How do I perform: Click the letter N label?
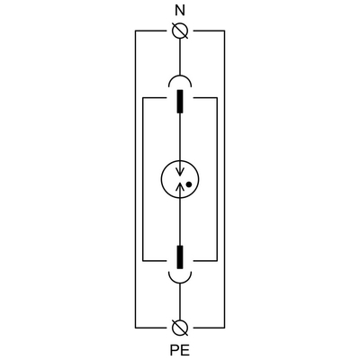click(x=180, y=11)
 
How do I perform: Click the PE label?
click(x=180, y=350)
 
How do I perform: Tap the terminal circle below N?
click(x=180, y=31)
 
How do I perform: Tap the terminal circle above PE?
click(x=180, y=328)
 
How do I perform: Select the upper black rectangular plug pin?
click(x=180, y=102)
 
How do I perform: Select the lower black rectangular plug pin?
click(x=180, y=256)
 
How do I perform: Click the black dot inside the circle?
click(x=189, y=184)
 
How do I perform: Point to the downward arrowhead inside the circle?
click(x=180, y=172)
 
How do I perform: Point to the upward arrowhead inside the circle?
click(x=180, y=186)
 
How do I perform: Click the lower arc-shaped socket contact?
click(x=180, y=283)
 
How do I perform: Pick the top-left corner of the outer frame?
click(x=136, y=31)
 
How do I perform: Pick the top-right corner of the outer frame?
click(x=224, y=31)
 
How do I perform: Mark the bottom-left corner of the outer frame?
click(x=136, y=328)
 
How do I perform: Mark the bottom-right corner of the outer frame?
click(x=224, y=328)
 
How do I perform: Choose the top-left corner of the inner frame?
click(x=143, y=98)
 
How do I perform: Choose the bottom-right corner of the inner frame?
click(x=217, y=261)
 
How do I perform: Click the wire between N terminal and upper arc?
click(x=180, y=57)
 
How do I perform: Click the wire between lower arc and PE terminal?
click(x=180, y=301)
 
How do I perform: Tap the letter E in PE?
click(x=185, y=350)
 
